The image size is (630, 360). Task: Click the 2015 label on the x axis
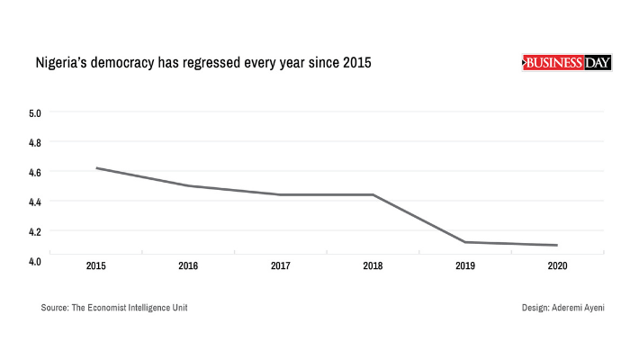pos(96,266)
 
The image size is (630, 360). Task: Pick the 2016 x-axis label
pos(188,266)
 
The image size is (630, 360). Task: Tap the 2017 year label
pos(281,266)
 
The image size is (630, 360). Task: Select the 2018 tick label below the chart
pos(373,266)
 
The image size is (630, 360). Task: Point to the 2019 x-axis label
pos(465,266)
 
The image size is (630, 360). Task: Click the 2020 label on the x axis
pos(558,266)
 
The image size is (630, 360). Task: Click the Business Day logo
pos(566,62)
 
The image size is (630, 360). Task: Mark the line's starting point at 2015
pos(96,168)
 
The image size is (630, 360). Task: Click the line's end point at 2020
pos(558,245)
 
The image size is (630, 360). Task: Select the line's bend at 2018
pos(373,194)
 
